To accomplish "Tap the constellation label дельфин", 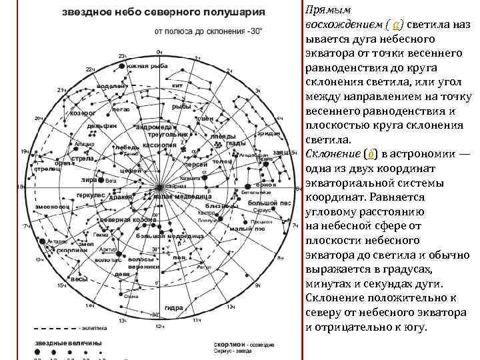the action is [x=101, y=126].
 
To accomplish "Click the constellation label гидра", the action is [x=174, y=307].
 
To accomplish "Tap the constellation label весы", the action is [x=79, y=279].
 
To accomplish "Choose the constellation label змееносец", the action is [x=53, y=207].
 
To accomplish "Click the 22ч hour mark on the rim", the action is [x=89, y=69].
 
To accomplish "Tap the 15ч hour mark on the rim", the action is [x=61, y=285].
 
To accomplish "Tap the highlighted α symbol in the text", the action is [x=397, y=24].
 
